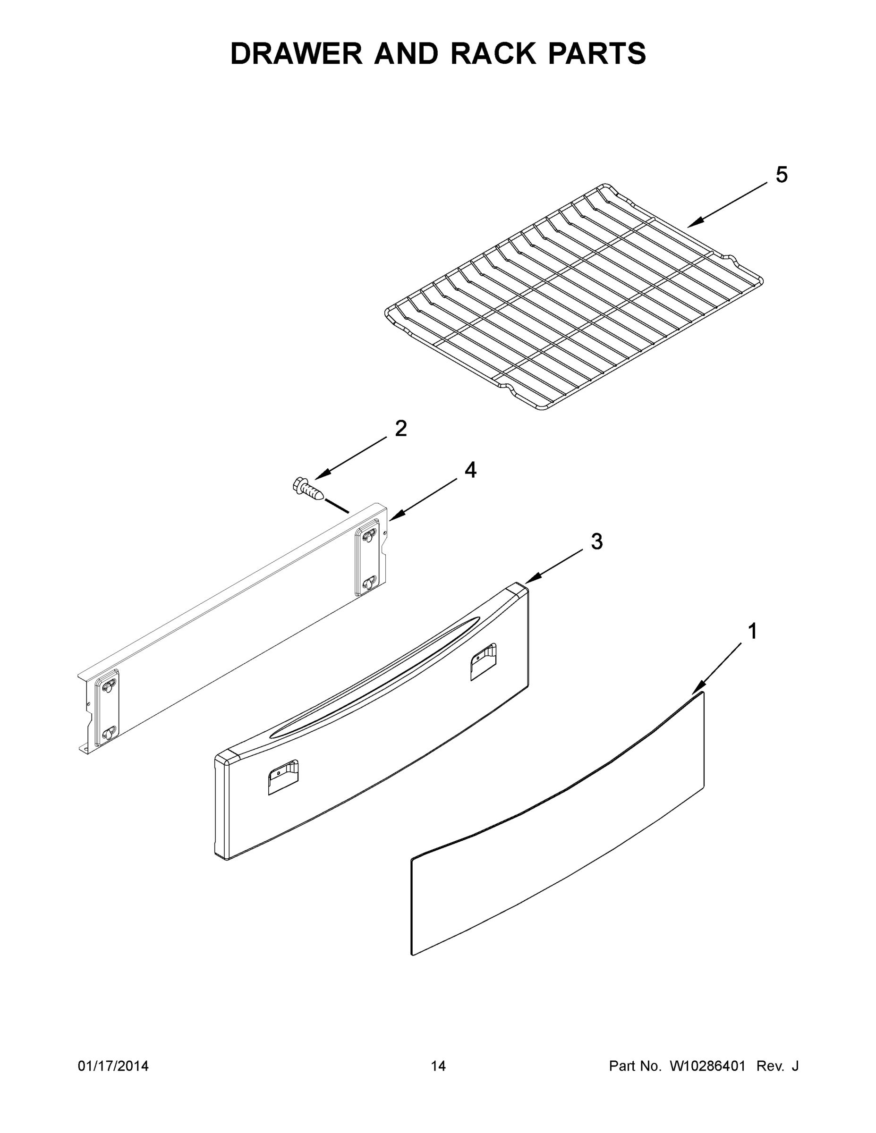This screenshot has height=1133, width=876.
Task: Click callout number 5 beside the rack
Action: [x=781, y=175]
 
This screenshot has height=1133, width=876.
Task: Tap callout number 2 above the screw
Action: [x=400, y=429]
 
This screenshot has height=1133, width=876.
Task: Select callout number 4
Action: [x=470, y=470]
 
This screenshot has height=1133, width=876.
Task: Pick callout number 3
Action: [x=597, y=541]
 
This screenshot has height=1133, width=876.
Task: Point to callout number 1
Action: [x=752, y=632]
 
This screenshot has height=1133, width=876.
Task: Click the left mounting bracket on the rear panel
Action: [x=106, y=707]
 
